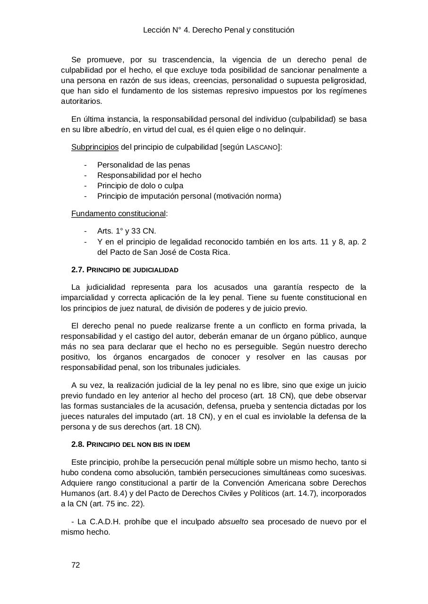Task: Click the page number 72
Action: pyautogui.click(x=76, y=565)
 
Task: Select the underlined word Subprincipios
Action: pyautogui.click(x=94, y=147)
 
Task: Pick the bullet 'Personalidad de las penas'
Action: pyautogui.click(x=144, y=165)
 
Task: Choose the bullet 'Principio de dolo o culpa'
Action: pyautogui.click(x=140, y=186)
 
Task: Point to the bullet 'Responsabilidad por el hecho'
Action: pyautogui.click(x=149, y=176)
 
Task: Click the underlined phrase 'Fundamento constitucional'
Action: pyautogui.click(x=118, y=214)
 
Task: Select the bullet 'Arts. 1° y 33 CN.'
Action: pyautogui.click(x=126, y=231)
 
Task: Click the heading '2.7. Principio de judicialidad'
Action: pyautogui.click(x=125, y=270)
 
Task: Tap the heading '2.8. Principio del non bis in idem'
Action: pyautogui.click(x=130, y=445)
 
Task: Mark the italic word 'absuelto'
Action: pyautogui.click(x=233, y=522)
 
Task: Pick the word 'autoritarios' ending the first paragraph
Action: pyautogui.click(x=81, y=101)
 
